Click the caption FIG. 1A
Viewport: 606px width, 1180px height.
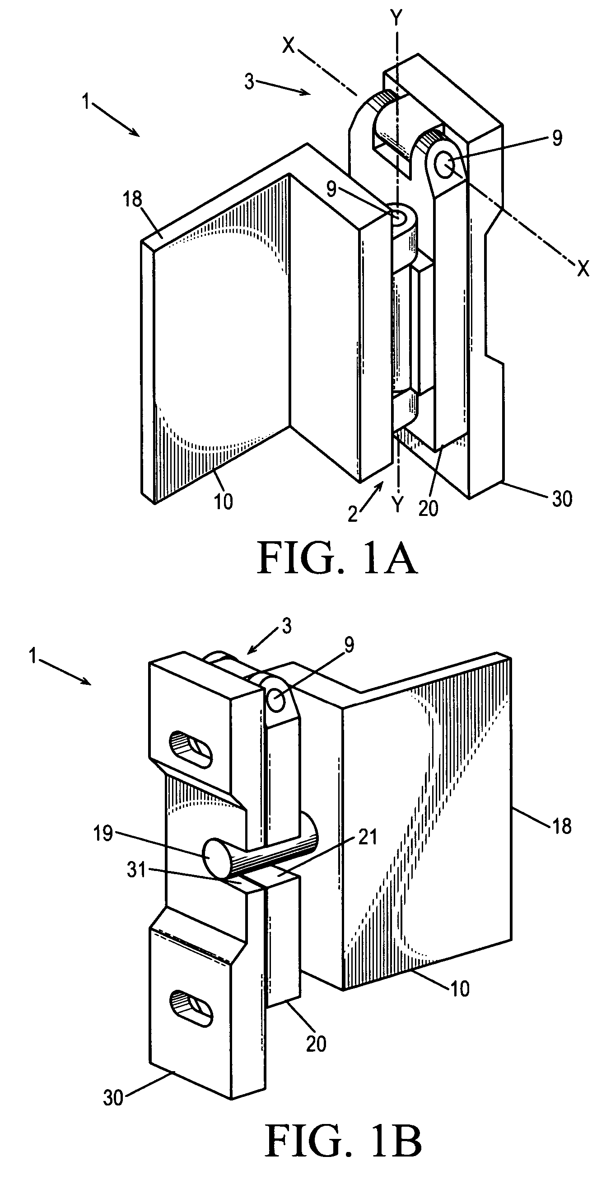click(x=337, y=558)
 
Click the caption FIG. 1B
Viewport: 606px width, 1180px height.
click(x=343, y=1143)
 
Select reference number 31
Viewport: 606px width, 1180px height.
click(x=136, y=869)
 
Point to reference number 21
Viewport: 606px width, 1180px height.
click(x=367, y=837)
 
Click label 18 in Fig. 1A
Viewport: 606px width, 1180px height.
click(x=133, y=199)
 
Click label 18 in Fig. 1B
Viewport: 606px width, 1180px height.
click(x=562, y=826)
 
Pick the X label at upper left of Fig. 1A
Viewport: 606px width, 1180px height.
click(x=289, y=45)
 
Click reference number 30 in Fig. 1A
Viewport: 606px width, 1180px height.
click(x=562, y=499)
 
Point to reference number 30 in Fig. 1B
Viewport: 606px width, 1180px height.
click(x=113, y=1098)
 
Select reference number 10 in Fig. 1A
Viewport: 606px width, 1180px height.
click(x=224, y=501)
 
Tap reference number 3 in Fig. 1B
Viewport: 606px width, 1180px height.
click(x=287, y=626)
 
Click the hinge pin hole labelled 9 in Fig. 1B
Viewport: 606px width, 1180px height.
click(x=276, y=701)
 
